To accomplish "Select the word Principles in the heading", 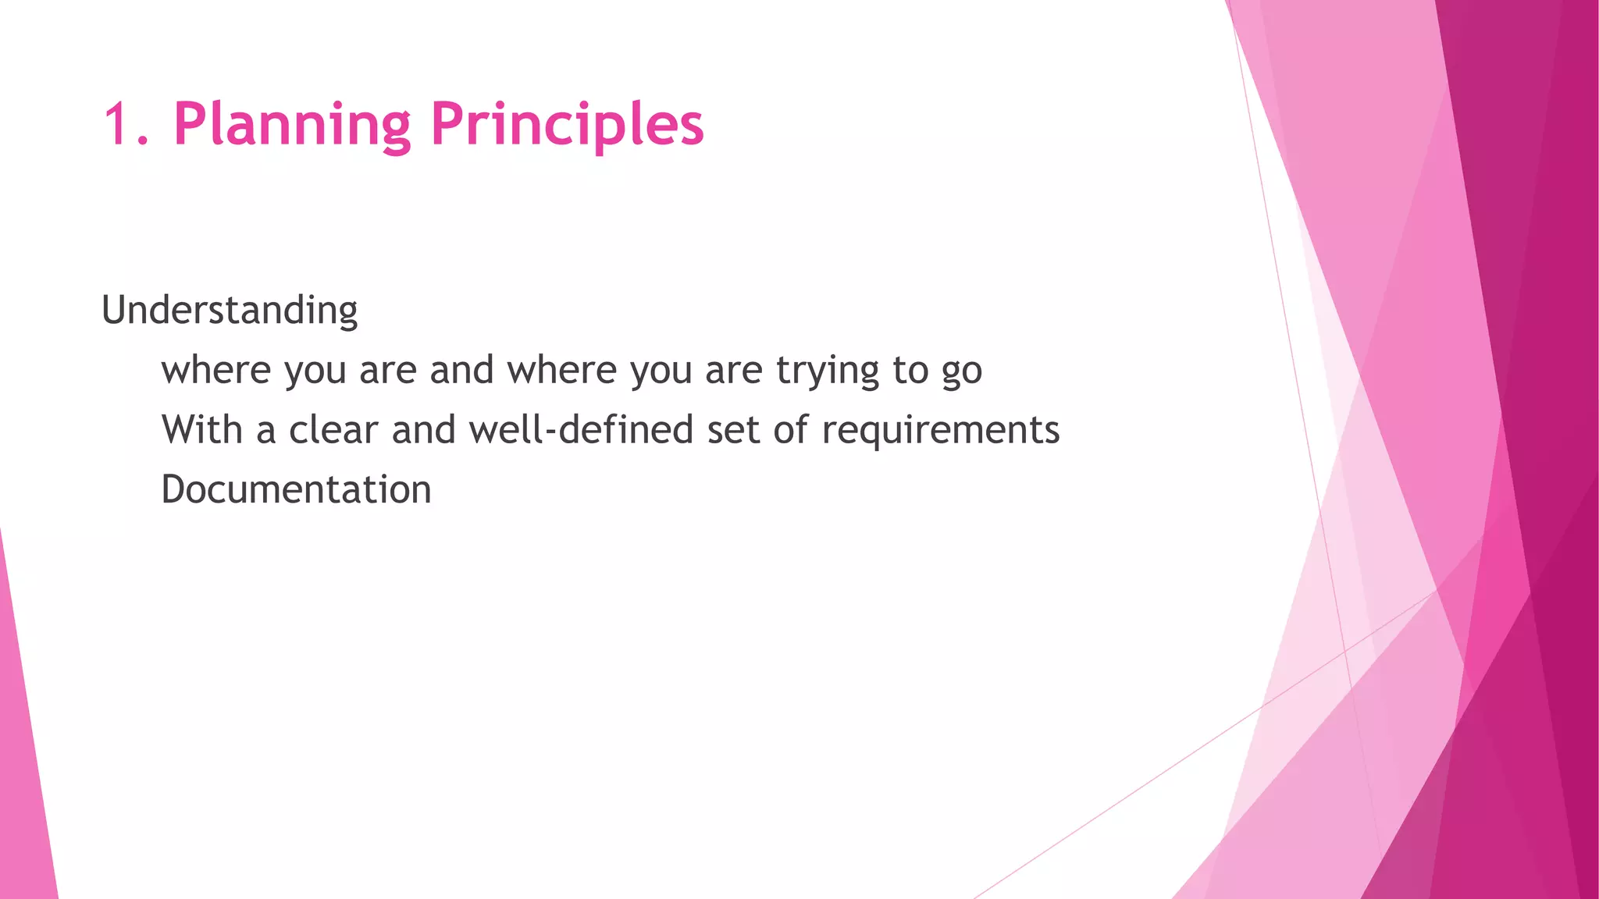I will pyautogui.click(x=567, y=125).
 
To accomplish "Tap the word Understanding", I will pyautogui.click(x=230, y=311).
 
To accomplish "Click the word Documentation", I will pyautogui.click(x=296, y=490).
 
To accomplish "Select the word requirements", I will pyautogui.click(x=940, y=430).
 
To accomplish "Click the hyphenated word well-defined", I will pyautogui.click(x=581, y=430).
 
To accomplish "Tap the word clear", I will pyautogui.click(x=333, y=430).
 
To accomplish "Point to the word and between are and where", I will pyautogui.click(x=461, y=370).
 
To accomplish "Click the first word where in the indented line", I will pyautogui.click(x=215, y=370).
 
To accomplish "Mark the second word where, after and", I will pyautogui.click(x=561, y=370).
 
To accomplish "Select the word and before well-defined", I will pyautogui.click(x=423, y=430).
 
